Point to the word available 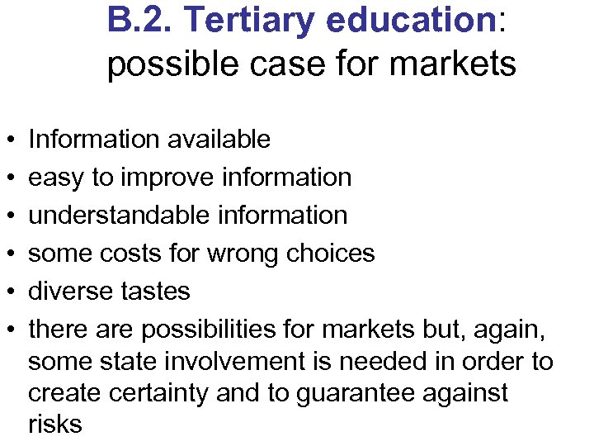click(219, 140)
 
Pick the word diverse click(70, 291)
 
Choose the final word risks click(55, 425)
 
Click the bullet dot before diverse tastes click(7, 292)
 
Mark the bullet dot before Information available click(7, 140)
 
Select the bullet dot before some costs click(7, 254)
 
